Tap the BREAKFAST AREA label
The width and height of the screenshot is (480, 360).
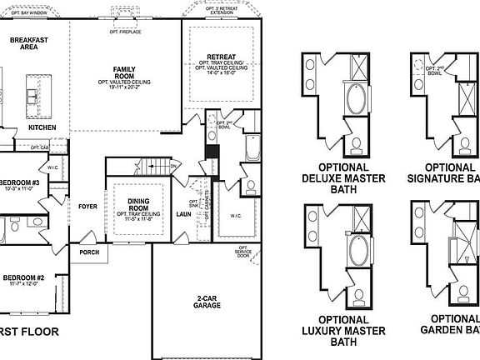pyautogui.click(x=27, y=43)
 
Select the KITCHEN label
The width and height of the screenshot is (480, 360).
pyautogui.click(x=42, y=127)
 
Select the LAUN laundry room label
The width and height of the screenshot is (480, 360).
pyautogui.click(x=184, y=213)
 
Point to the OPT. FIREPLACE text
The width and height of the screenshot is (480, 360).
pyautogui.click(x=125, y=32)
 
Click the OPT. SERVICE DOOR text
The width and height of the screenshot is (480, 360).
pyautogui.click(x=242, y=252)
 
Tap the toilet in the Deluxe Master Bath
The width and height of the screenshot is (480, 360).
pyautogui.click(x=356, y=147)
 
